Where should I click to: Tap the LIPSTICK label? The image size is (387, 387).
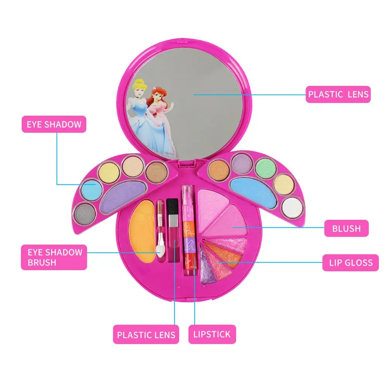tap(212, 334)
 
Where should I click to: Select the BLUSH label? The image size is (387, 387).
tap(346, 228)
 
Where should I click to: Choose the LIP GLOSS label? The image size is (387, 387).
tap(351, 263)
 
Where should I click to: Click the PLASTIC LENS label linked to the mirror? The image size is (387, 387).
tap(338, 94)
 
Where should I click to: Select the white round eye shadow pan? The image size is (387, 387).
tap(292, 207)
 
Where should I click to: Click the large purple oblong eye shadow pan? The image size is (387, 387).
tap(123, 196)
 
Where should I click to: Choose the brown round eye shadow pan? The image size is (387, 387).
tap(156, 172)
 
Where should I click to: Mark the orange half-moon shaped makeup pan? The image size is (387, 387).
tap(143, 231)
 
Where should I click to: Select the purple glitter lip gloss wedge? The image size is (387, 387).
tap(207, 266)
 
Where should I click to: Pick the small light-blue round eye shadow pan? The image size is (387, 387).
tap(92, 191)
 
